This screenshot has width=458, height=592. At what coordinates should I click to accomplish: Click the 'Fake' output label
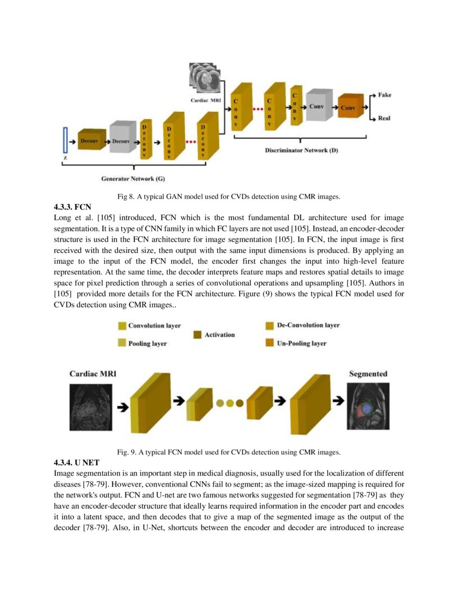click(384, 95)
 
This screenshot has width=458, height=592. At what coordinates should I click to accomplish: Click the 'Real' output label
click(384, 118)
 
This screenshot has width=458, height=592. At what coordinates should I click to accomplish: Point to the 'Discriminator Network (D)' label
click(301, 150)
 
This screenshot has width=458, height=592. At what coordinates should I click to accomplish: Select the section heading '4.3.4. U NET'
click(77, 462)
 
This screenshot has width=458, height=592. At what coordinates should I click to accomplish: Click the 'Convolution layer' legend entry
click(154, 326)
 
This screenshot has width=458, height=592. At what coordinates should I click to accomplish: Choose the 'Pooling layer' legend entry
click(147, 343)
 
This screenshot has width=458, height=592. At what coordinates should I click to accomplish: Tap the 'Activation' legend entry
click(219, 335)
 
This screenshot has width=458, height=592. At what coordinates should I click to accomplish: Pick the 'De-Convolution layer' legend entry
click(308, 325)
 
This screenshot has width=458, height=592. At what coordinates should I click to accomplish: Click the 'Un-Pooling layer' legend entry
click(301, 343)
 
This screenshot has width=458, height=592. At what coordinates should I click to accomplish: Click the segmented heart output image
click(367, 407)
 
